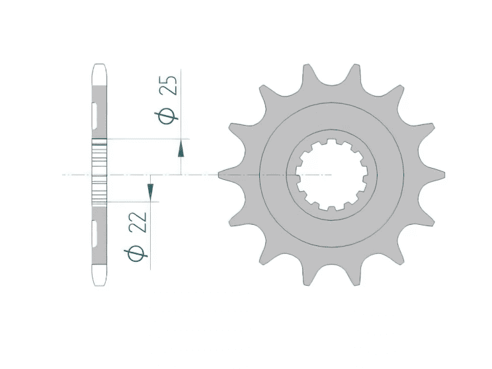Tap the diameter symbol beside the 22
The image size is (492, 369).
click(x=138, y=254)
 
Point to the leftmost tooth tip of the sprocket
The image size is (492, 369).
click(x=221, y=175)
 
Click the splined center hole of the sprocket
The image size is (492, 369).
click(x=331, y=175)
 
